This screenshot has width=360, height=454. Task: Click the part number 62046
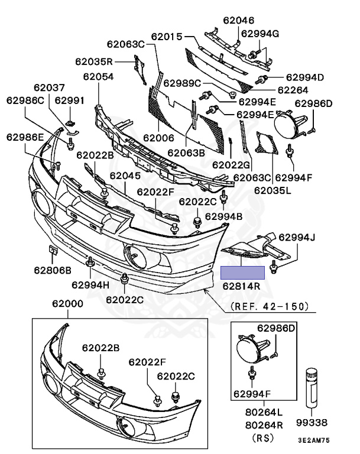(x=238, y=21)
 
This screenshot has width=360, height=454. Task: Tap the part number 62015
(x=167, y=37)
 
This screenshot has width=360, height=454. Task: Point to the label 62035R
(x=94, y=61)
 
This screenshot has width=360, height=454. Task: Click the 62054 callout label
(x=98, y=77)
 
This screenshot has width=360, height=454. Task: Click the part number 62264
(x=293, y=90)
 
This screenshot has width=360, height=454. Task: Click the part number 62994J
(x=298, y=238)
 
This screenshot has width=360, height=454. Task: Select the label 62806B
(x=52, y=270)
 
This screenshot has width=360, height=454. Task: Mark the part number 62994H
(x=90, y=284)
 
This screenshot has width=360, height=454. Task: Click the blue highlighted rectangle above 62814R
(x=242, y=273)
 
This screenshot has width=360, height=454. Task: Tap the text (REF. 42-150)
(x=270, y=306)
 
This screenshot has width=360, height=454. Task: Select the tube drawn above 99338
(x=311, y=387)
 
